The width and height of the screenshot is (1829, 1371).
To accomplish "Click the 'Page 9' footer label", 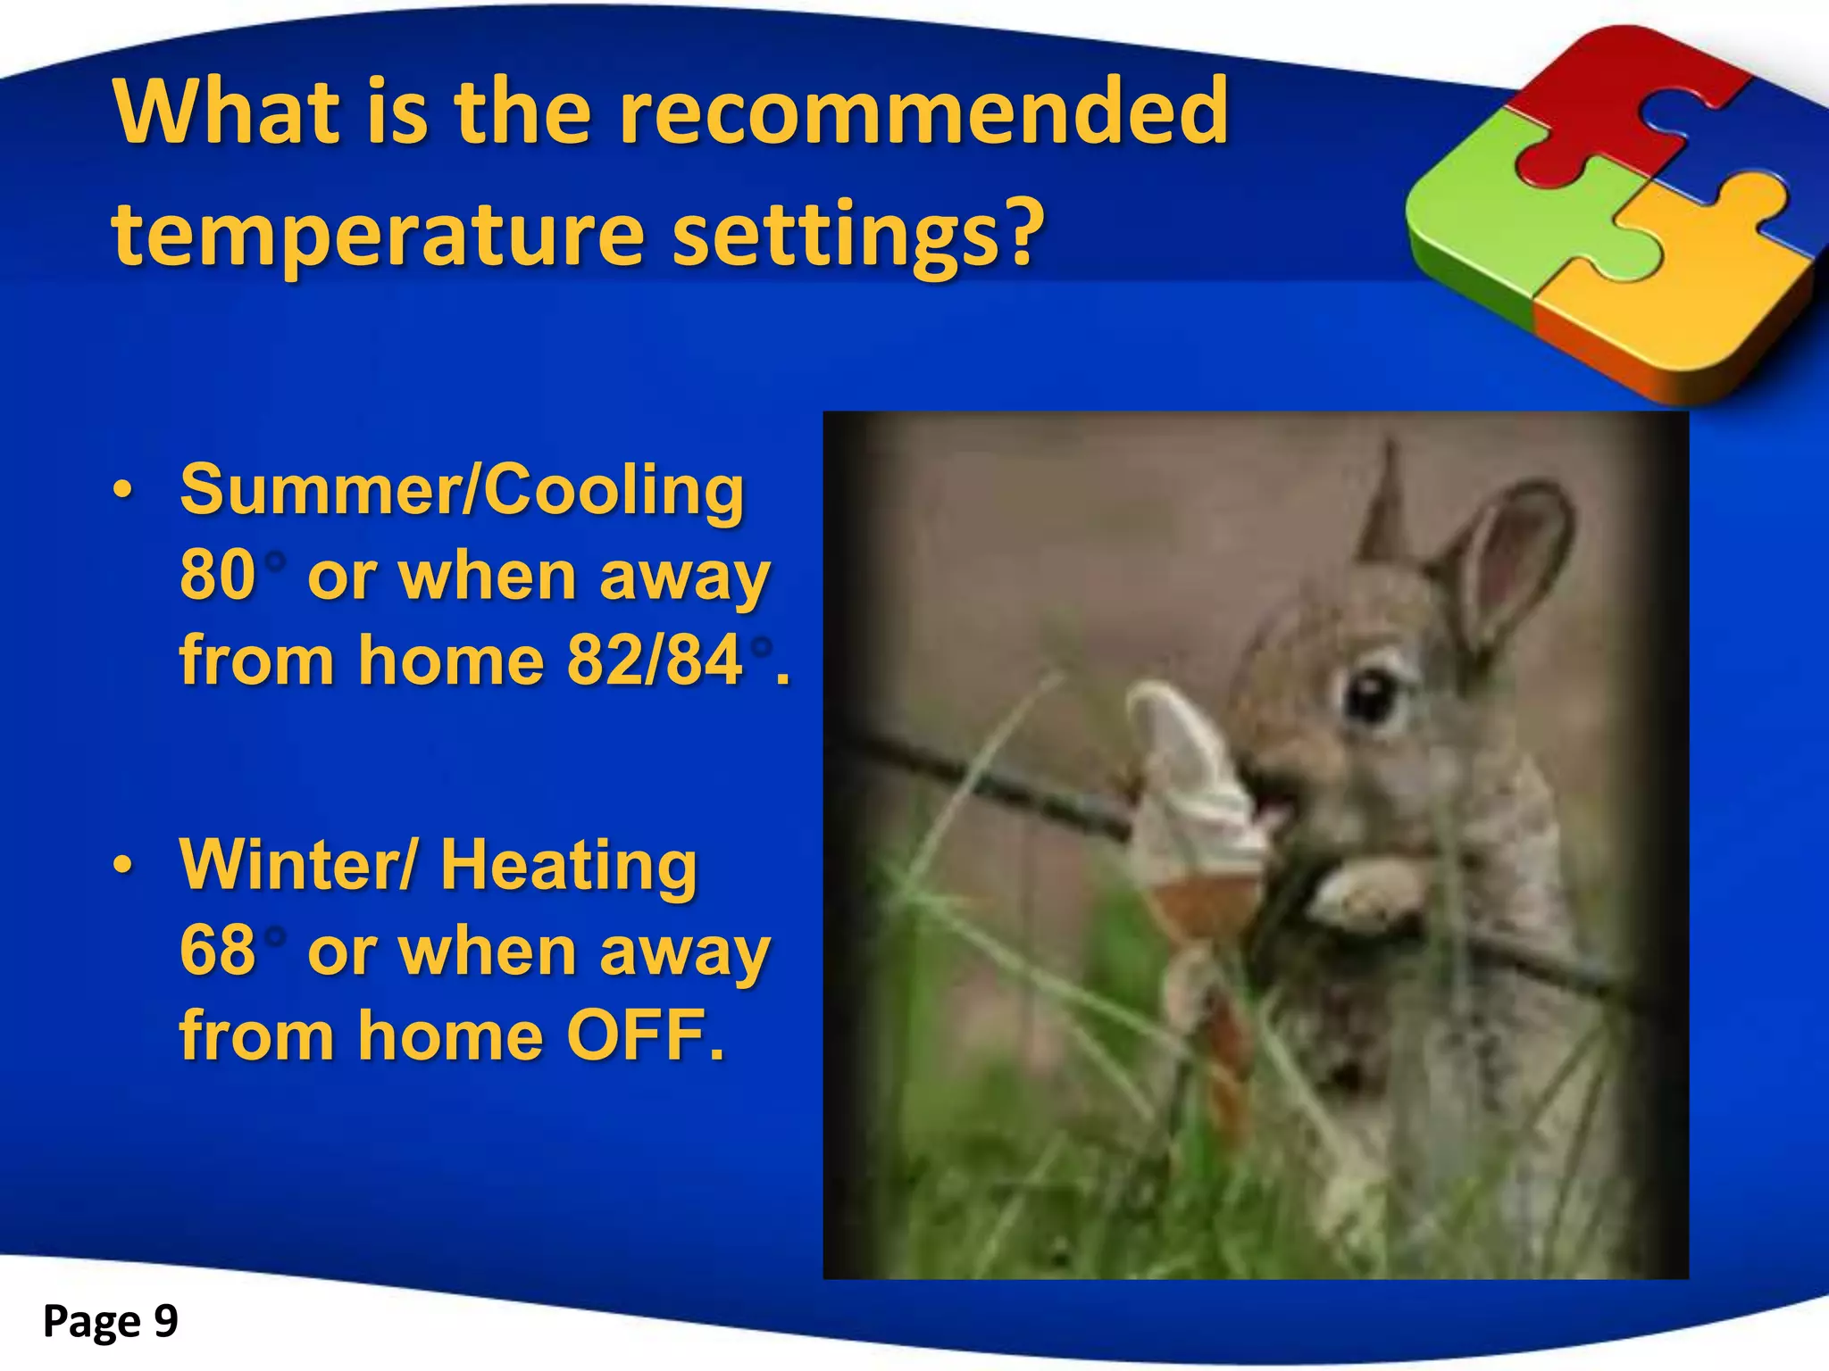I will [x=111, y=1321].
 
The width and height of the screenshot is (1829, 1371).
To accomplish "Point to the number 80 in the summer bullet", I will [x=218, y=576].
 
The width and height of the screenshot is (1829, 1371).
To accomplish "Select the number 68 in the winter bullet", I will [x=218, y=951].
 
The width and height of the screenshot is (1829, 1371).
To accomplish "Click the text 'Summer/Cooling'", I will [x=462, y=491].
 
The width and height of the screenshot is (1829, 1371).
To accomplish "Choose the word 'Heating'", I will [x=569, y=866].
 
